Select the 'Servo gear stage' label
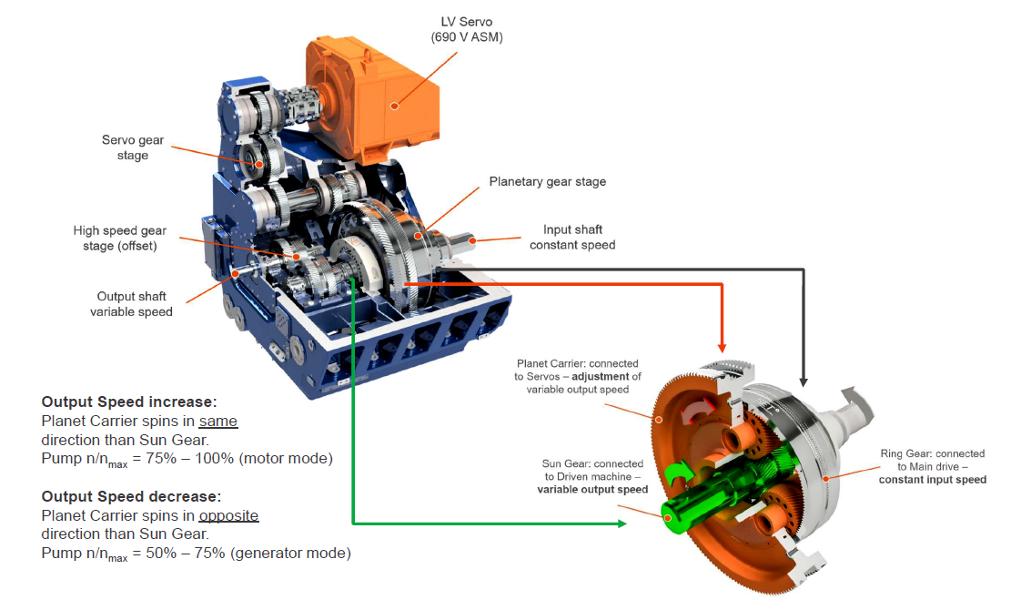pos(132,147)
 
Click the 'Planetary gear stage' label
pos(547,181)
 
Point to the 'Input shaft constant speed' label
pos(572,237)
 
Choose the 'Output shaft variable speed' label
pos(131,303)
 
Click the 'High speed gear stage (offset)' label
pos(120,238)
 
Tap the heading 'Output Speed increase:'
pos(129,402)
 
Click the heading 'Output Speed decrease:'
pos(131,496)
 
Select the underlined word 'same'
pos(217,421)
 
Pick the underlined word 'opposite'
pos(228,515)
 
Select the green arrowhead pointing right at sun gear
pos(622,524)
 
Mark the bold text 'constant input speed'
pos(932,480)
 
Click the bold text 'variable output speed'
pos(592,490)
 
